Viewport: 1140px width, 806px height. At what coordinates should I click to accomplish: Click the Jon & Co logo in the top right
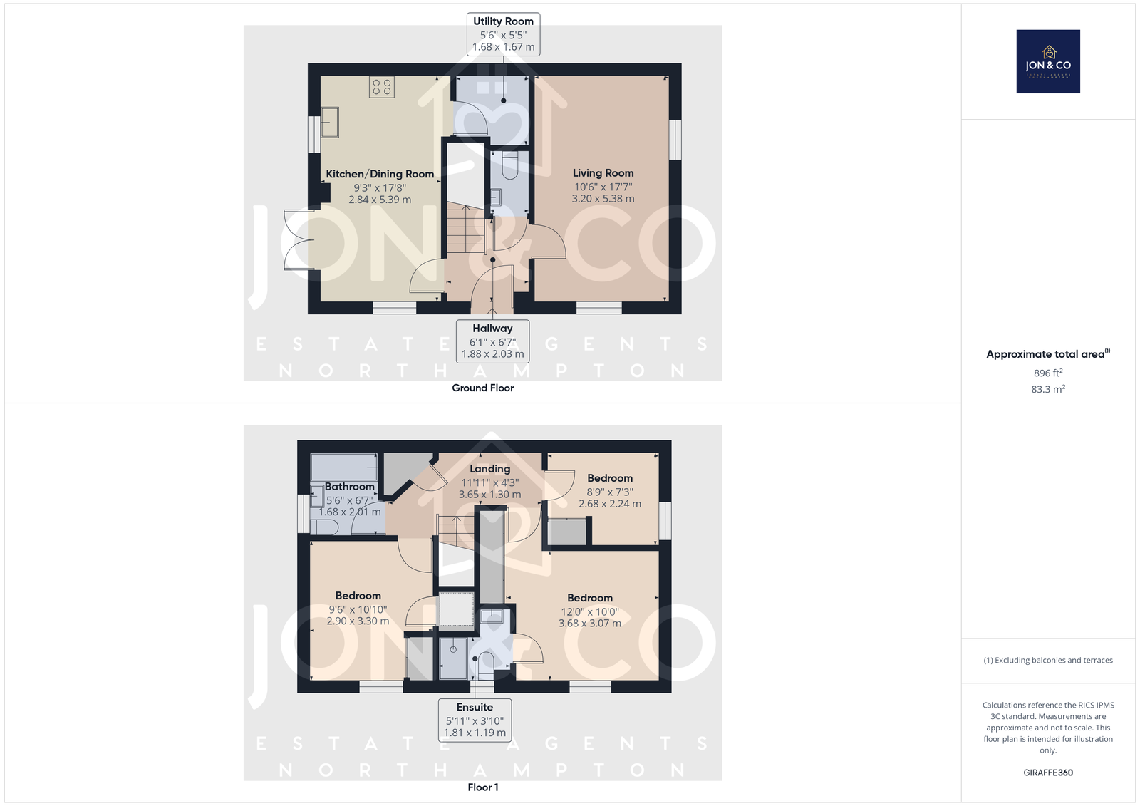coord(1048,61)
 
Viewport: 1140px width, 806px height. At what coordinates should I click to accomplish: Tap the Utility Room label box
coord(503,34)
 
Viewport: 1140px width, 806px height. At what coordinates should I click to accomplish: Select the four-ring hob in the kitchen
coord(382,87)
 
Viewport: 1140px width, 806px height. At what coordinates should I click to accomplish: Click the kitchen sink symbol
coord(330,122)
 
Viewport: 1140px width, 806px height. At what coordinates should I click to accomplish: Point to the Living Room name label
coord(603,173)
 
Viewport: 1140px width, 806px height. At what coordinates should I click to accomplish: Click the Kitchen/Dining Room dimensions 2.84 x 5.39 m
coord(380,200)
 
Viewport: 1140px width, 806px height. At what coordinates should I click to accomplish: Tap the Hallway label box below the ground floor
coord(492,341)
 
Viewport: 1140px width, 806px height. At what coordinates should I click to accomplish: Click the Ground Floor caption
coord(482,388)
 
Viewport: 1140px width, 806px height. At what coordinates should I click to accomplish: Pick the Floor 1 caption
coord(483,787)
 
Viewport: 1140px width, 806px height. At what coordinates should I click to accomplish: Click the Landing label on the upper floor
coord(489,469)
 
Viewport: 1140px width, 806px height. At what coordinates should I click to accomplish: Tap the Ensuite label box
coord(475,720)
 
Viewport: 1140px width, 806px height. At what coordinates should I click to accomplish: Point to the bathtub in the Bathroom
coord(344,467)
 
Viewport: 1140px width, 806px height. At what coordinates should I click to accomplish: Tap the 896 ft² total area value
coord(1048,373)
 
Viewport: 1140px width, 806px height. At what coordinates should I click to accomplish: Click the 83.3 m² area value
coord(1048,389)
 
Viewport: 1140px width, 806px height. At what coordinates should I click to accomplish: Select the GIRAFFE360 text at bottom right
coord(1048,773)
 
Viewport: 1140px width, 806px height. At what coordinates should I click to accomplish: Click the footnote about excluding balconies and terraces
coord(1048,661)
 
